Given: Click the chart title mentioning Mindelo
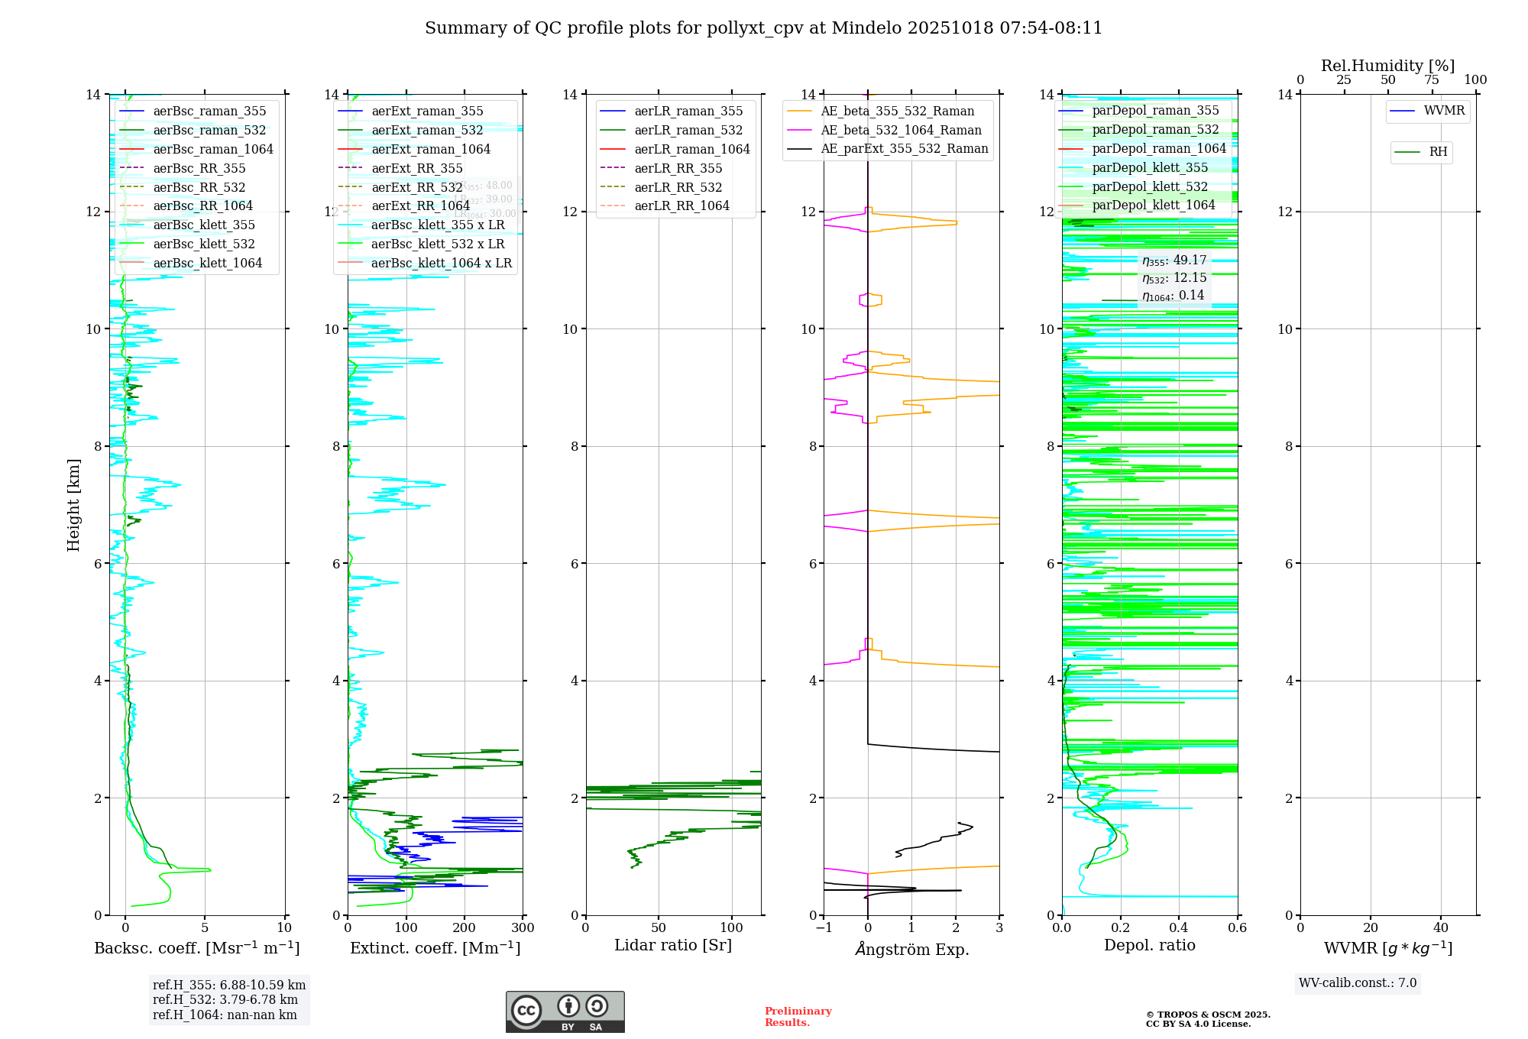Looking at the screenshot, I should pos(763,28).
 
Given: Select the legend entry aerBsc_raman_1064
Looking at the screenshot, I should pos(212,149).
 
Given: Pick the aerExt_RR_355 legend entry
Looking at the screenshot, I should pos(416,168).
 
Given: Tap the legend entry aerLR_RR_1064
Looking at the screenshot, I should pos(681,206).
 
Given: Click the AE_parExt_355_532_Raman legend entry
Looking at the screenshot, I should pos(904,148).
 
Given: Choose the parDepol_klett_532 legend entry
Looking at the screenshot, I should pos(1149,186).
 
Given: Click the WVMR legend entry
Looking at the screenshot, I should pos(1444,111).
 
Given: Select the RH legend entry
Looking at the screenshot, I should pos(1438,152).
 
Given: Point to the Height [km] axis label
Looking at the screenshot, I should pos(73,504).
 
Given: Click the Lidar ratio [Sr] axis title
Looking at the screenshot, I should pos(673,945).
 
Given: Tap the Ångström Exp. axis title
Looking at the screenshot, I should pos(912,949).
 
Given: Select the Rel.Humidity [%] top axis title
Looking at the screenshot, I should pos(1387,66).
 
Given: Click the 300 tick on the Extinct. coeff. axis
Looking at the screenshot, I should pos(523,928).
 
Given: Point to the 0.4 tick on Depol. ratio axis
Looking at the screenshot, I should pos(1179,928).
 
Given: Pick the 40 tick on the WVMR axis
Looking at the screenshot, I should pos(1441,928).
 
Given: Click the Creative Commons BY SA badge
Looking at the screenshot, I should pos(565,1012).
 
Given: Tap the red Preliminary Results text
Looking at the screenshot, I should pos(798,1017).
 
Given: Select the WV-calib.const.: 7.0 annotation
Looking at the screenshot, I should pos(1358,983).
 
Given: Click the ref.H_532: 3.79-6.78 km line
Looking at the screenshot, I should pos(225,1000).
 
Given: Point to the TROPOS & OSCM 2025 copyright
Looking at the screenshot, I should pos(1208,1019).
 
